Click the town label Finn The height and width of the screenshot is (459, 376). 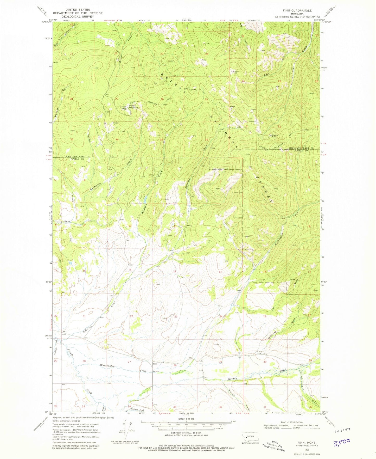tap(155, 364)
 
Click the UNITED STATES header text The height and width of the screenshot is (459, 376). tap(78, 10)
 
